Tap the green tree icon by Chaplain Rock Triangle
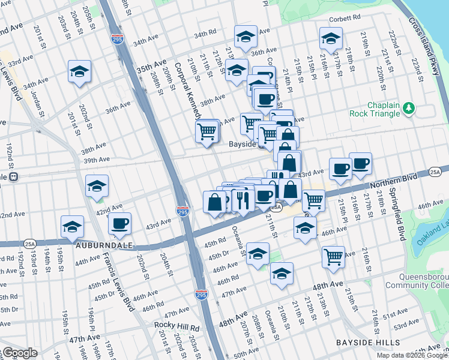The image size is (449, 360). pyautogui.click(x=409, y=107)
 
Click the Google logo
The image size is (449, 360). pyautogui.click(x=20, y=353)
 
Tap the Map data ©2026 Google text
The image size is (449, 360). pyautogui.click(x=412, y=355)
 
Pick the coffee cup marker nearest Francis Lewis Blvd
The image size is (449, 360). pyautogui.click(x=119, y=224)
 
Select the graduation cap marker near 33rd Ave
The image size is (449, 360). pyautogui.click(x=79, y=72)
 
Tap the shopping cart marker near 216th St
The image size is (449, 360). pyautogui.click(x=333, y=257)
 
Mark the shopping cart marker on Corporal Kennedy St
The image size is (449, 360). pyautogui.click(x=207, y=131)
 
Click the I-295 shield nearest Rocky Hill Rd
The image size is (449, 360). pyautogui.click(x=201, y=295)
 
